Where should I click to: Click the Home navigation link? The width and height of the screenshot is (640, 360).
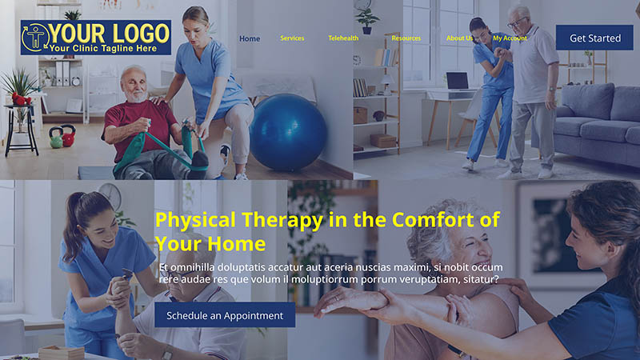[x=250, y=38]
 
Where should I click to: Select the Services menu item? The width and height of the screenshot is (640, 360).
[x=292, y=38]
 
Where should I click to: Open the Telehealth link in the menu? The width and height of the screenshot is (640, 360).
[x=343, y=38]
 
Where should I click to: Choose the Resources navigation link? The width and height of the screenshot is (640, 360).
[x=406, y=38]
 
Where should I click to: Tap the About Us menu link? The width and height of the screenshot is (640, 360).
[x=459, y=38]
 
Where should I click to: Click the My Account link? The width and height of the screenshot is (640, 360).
[x=510, y=38]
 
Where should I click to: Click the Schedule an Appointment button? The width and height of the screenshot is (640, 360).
[x=225, y=315]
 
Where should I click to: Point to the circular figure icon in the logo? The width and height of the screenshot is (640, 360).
[x=36, y=37]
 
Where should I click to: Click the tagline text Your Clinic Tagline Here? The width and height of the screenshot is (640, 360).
[x=103, y=48]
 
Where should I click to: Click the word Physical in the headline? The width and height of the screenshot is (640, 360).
[x=195, y=221]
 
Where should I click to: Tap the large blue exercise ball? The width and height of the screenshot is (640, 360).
[x=288, y=132]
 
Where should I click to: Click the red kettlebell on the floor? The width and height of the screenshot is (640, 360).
[x=69, y=135]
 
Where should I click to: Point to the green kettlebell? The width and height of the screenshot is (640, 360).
[x=56, y=138]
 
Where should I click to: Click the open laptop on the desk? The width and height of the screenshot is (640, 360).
[x=458, y=81]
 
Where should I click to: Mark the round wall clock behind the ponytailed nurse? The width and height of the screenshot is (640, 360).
[x=110, y=195]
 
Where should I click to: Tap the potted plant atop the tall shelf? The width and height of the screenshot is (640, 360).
[x=366, y=21]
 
